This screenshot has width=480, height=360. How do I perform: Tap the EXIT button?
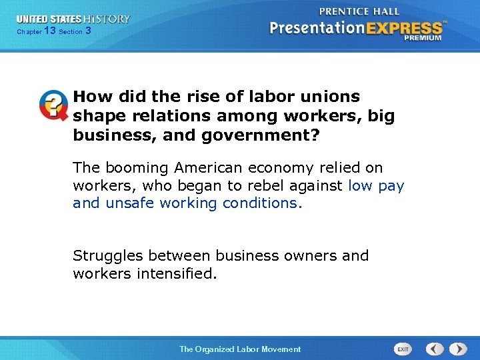click(403, 349)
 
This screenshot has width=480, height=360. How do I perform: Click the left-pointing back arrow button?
click(435, 349)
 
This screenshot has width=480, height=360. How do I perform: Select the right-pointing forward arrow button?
click(458, 349)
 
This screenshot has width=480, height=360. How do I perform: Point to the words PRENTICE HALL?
click(359, 11)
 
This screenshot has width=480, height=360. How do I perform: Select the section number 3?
click(88, 31)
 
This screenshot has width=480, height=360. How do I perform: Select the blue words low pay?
click(376, 185)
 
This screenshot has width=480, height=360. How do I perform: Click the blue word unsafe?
click(130, 203)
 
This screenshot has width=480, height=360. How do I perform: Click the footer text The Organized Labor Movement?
click(240, 349)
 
